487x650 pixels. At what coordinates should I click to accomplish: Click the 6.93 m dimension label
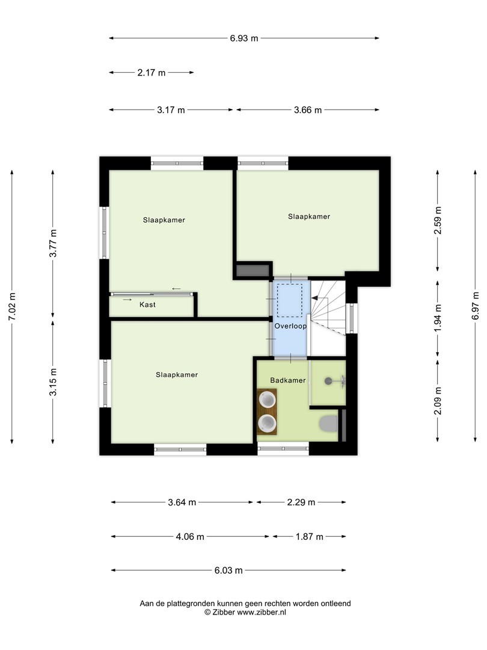244,38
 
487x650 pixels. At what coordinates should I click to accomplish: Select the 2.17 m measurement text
151,73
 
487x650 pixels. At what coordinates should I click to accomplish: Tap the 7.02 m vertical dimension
12,306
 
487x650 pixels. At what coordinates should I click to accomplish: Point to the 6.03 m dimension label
228,571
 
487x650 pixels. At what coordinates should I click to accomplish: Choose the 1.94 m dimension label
438,318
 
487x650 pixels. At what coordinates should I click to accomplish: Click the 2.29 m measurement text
301,503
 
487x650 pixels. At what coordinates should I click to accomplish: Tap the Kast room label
147,305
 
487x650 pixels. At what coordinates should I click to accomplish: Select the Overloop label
291,326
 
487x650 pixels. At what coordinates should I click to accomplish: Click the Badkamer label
288,380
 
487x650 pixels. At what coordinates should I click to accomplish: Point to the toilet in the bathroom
328,424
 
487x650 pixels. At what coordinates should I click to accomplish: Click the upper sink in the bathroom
267,400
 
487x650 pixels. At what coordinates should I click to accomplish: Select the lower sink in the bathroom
267,423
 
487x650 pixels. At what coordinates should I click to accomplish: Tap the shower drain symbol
328,380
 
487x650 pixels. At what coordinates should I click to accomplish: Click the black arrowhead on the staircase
314,297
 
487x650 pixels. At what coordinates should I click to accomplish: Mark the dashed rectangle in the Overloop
290,300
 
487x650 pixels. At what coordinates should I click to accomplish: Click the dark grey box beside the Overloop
252,271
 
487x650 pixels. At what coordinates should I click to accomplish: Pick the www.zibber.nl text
262,612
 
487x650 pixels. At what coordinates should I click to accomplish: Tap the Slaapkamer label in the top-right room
309,217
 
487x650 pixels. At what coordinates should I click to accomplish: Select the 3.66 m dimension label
308,110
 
